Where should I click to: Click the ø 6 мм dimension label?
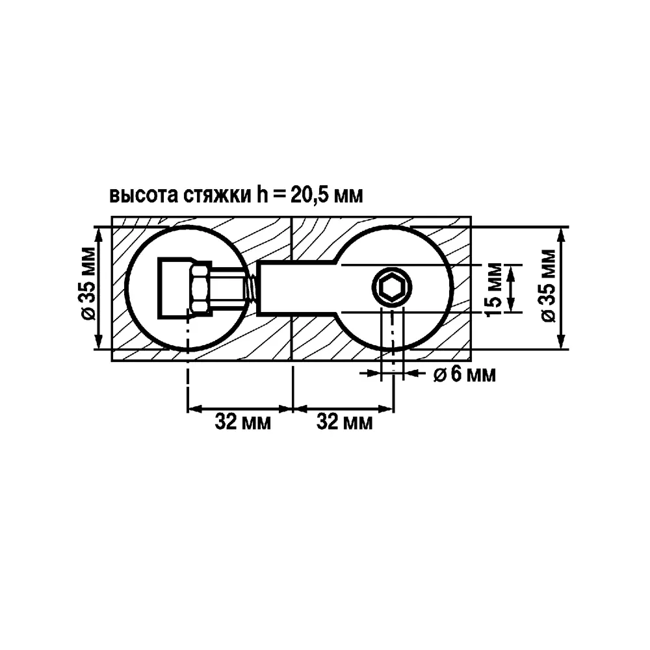pyautogui.click(x=465, y=375)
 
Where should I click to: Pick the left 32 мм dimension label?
pyautogui.click(x=242, y=423)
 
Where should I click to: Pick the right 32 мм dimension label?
pyautogui.click(x=344, y=423)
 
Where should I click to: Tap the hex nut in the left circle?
pyautogui.click(x=199, y=288)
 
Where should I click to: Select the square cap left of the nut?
pyautogui.click(x=174, y=288)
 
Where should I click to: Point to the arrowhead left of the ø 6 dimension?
pyautogui.click(x=374, y=373)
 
